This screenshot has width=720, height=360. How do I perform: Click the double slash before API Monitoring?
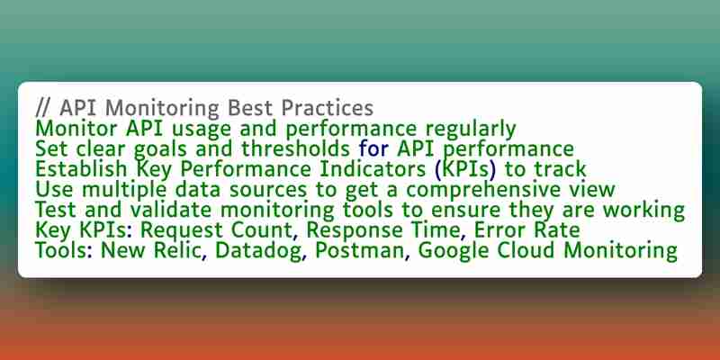(43, 108)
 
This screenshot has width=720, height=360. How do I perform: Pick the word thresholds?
(296, 148)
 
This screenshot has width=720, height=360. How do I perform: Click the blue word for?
(373, 148)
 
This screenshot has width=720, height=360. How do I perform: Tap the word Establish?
(81, 169)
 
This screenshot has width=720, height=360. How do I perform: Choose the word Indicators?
(373, 169)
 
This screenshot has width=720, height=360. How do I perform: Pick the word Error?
(499, 230)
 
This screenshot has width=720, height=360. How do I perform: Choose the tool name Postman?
(363, 251)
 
